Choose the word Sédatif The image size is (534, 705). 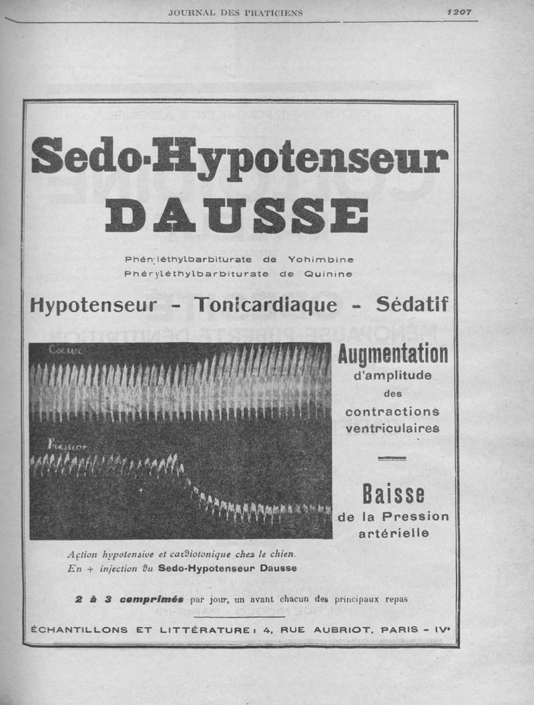(x=411, y=305)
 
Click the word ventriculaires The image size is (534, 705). (x=392, y=428)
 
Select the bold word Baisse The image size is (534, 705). (x=393, y=495)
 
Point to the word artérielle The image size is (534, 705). (x=392, y=533)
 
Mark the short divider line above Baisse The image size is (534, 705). (x=392, y=458)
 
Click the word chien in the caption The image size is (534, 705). (x=280, y=554)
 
